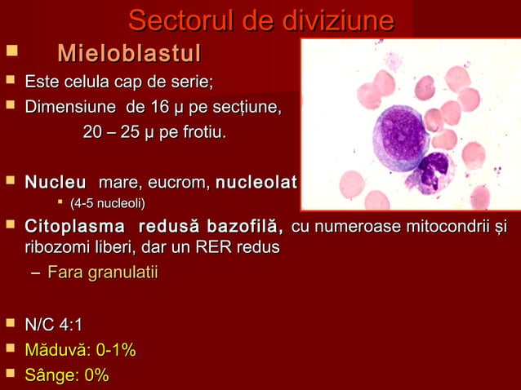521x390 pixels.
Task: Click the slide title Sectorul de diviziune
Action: point(260,20)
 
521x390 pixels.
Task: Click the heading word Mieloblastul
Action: point(129,55)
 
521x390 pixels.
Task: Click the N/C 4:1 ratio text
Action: point(54,326)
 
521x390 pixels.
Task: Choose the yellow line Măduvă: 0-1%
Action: point(80,351)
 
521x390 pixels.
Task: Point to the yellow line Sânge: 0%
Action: point(67,375)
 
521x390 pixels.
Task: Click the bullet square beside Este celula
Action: point(11,82)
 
